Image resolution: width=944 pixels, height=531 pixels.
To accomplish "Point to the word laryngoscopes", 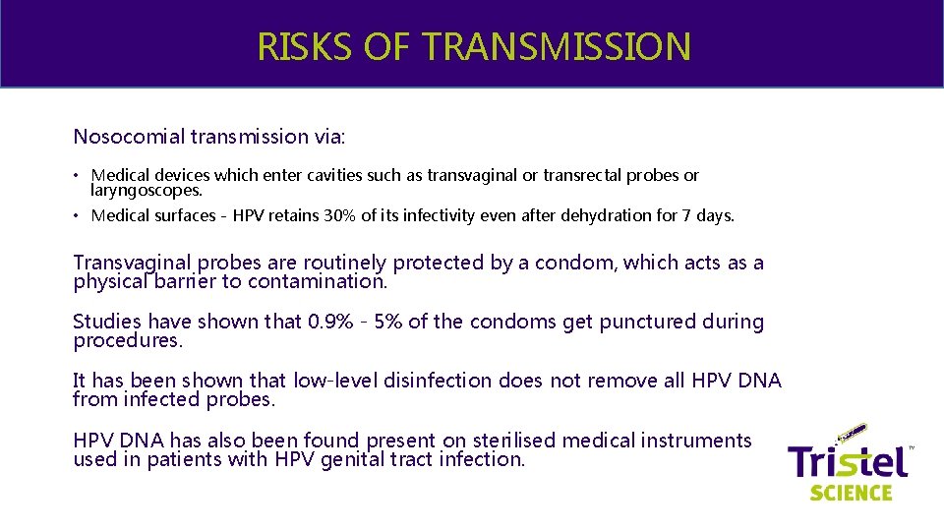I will pyautogui.click(x=146, y=190).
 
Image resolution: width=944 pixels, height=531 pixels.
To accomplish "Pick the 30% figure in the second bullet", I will pyautogui.click(x=340, y=215).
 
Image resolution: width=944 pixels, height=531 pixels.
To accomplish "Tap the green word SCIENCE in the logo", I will pyautogui.click(x=851, y=492).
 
